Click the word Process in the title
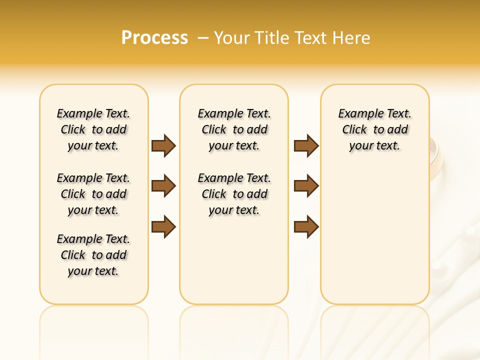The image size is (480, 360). pyautogui.click(x=154, y=37)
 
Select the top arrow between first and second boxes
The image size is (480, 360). pyautogui.click(x=163, y=146)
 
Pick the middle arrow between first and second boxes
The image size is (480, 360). pyautogui.click(x=163, y=186)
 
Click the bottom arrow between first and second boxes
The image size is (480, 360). pyautogui.click(x=163, y=226)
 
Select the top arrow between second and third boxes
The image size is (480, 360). pyautogui.click(x=306, y=146)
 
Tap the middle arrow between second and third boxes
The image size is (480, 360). pyautogui.click(x=306, y=186)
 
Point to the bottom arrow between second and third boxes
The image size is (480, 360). pyautogui.click(x=306, y=226)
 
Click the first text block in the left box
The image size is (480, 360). pyautogui.click(x=93, y=129)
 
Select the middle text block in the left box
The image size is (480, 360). pyautogui.click(x=93, y=194)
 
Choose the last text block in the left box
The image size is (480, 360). pyautogui.click(x=93, y=255)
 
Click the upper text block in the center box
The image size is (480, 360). pyautogui.click(x=234, y=129)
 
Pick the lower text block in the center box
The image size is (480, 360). pyautogui.click(x=234, y=194)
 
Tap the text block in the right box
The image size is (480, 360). pyautogui.click(x=375, y=129)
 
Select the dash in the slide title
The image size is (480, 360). pyautogui.click(x=203, y=38)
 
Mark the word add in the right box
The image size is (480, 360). pyautogui.click(x=398, y=129)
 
